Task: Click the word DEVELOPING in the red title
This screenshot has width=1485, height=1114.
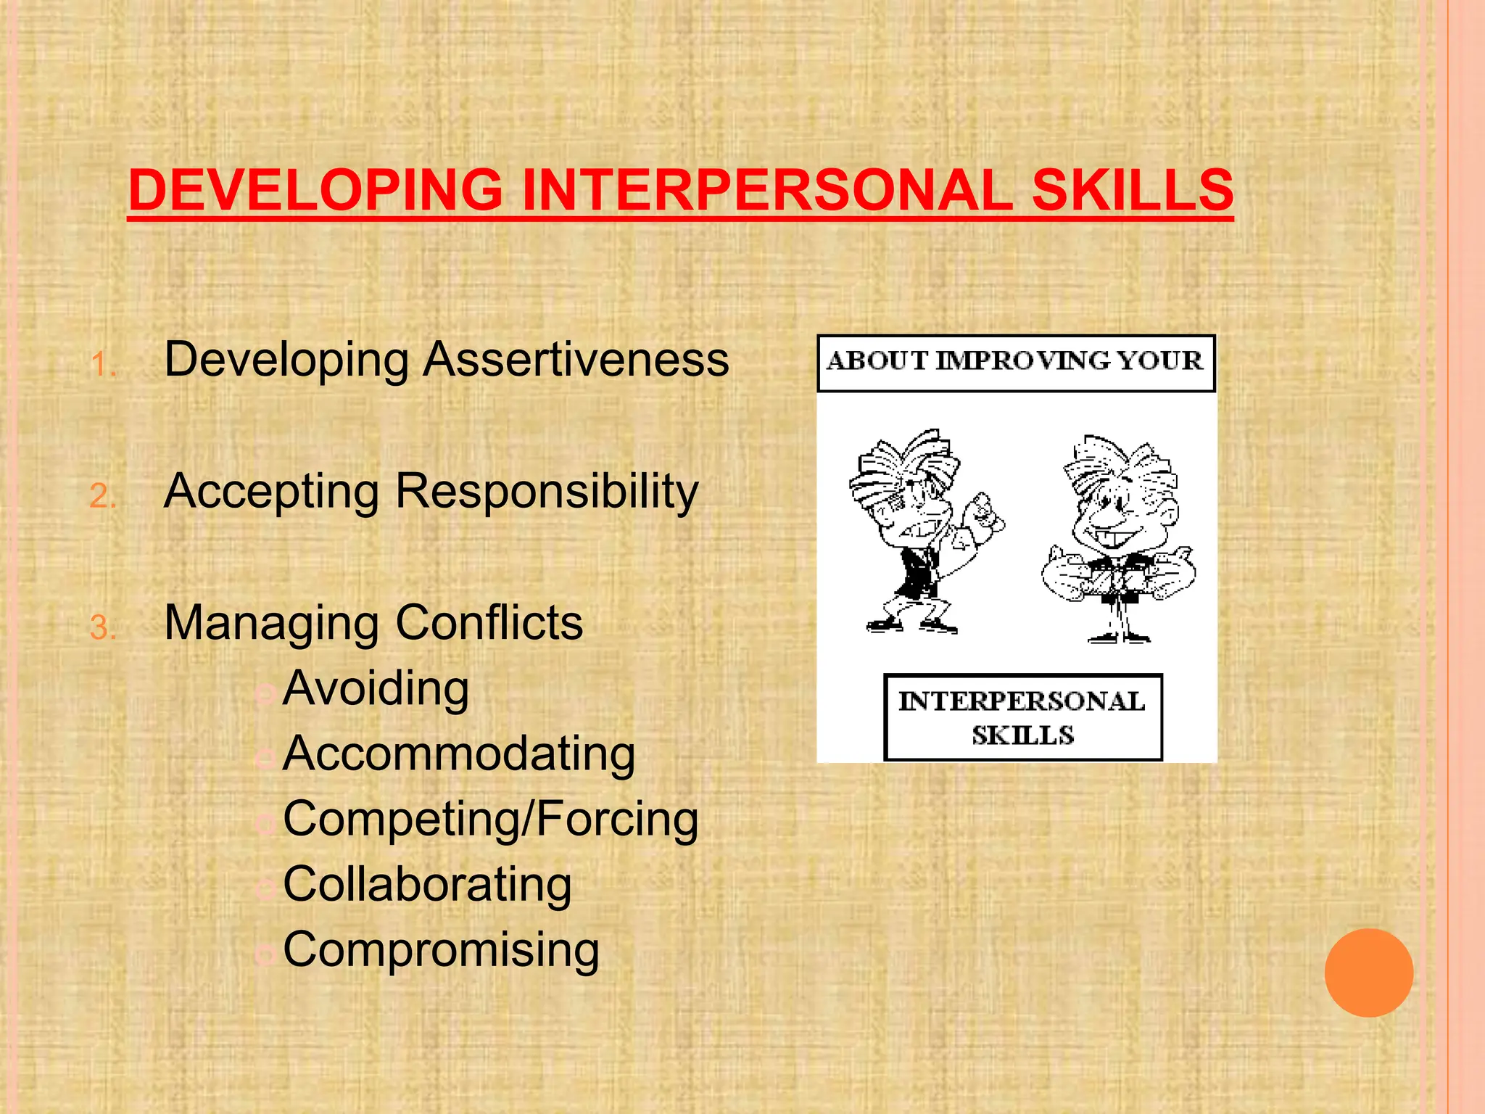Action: (315, 190)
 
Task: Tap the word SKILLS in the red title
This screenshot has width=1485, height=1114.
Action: (1132, 190)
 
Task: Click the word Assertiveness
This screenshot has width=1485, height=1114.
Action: (576, 360)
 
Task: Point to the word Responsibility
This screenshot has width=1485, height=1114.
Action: (547, 492)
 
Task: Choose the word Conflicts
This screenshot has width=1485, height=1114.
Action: (489, 623)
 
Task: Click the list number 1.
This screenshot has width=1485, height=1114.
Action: (103, 365)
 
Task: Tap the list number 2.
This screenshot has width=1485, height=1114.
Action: (103, 497)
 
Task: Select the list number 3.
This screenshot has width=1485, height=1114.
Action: (103, 628)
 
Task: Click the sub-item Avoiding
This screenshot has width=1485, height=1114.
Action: (376, 688)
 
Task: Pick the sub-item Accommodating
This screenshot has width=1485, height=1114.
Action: (459, 754)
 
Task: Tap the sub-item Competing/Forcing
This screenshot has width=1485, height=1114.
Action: (491, 820)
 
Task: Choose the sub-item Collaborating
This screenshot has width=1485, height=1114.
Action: (427, 885)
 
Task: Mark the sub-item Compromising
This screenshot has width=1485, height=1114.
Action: (441, 949)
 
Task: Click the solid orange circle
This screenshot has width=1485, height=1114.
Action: (1368, 973)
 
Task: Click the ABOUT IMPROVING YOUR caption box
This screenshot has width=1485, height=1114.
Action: (1015, 363)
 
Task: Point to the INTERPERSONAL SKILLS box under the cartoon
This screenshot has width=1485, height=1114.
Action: (1022, 718)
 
